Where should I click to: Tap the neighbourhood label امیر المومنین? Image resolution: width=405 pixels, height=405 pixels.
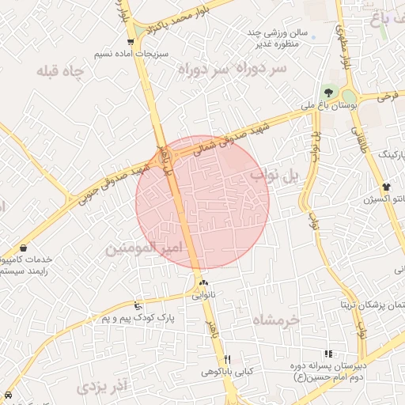[143, 248]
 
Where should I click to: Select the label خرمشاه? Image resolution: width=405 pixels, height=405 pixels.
[277, 319]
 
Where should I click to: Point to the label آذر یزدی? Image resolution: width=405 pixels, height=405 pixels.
[102, 388]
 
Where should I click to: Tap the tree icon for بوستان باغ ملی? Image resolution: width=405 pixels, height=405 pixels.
[328, 93]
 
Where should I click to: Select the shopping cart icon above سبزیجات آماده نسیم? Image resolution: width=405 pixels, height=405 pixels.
[131, 41]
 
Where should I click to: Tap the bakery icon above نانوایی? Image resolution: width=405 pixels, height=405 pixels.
[204, 283]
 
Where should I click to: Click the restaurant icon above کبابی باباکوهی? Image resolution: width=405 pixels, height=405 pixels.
[228, 359]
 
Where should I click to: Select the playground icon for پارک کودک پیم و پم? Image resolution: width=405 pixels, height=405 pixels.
[138, 306]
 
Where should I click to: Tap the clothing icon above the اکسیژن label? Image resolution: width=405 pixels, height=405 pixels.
[386, 187]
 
